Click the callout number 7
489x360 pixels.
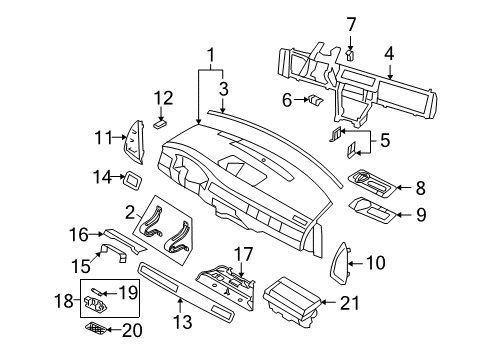[x=351, y=25]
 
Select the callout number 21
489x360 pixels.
[x=350, y=303]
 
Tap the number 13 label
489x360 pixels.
[x=183, y=322]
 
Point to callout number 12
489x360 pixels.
[x=163, y=98]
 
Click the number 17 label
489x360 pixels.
[x=244, y=254]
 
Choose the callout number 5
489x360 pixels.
[x=385, y=140]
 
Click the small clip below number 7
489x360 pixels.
[x=350, y=55]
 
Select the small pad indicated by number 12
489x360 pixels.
[x=160, y=124]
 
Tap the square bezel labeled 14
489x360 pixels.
[x=133, y=181]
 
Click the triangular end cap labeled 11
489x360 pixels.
[x=134, y=142]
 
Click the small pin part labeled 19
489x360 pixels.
[x=97, y=291]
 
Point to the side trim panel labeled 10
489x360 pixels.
[x=339, y=263]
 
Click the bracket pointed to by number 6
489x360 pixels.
[x=315, y=100]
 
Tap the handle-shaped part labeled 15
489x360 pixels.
[x=114, y=252]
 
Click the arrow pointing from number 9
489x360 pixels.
[x=404, y=214]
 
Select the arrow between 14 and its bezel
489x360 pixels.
[x=118, y=177]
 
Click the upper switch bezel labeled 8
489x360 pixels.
[x=372, y=184]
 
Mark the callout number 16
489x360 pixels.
[x=79, y=234]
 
